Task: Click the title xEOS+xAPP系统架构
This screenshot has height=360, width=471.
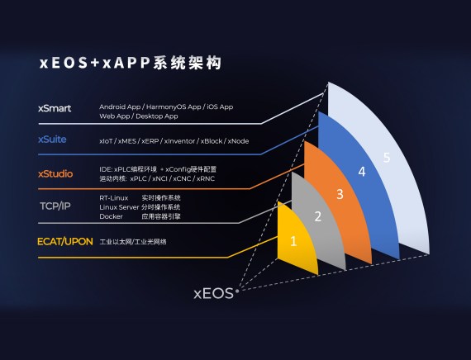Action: point(130,63)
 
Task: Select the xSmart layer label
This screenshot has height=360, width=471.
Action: point(55,107)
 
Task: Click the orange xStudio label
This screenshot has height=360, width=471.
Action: point(55,173)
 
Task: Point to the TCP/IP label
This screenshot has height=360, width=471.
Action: point(55,206)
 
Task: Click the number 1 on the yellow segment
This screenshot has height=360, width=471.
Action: point(293,242)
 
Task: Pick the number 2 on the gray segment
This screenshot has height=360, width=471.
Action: point(317,217)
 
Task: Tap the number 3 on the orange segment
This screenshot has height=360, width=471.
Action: point(340,194)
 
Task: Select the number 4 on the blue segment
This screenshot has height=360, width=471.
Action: point(361,172)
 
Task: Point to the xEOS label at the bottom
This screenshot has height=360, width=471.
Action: point(213,292)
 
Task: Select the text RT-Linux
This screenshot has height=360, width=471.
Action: point(113,198)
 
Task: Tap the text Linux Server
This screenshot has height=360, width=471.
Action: point(118,207)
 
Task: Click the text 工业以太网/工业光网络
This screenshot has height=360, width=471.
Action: point(133,242)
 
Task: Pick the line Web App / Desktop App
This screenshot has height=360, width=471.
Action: point(138,116)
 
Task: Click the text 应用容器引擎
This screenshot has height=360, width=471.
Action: point(161,216)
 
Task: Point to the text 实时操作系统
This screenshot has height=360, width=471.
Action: point(161,198)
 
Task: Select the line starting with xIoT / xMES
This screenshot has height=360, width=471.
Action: point(174,141)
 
